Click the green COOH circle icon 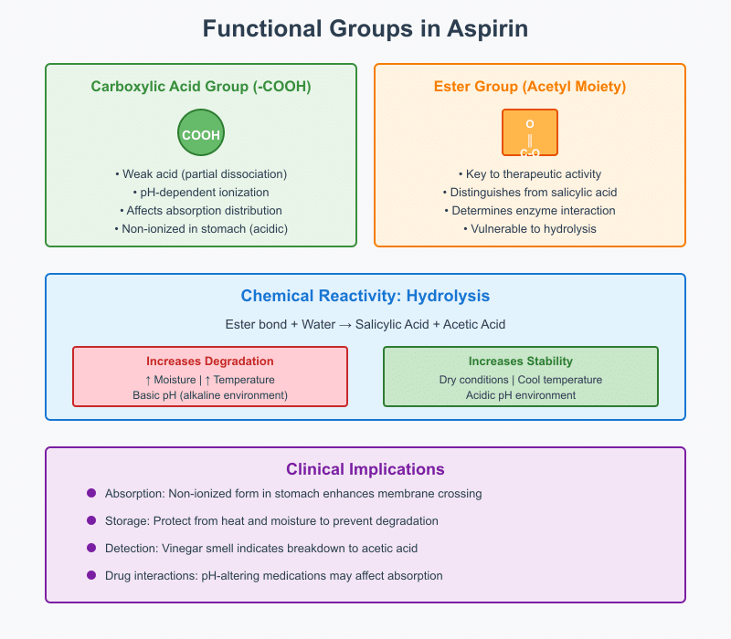coord(201,134)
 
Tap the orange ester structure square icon coord(530,132)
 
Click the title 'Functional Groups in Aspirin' coord(365,29)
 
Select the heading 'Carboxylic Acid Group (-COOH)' coord(201,87)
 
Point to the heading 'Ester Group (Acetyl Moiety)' coord(530,87)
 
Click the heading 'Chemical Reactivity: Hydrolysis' coord(365,296)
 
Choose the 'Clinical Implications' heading coord(365,469)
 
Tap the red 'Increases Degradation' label coord(210,361)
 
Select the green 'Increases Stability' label coord(521,361)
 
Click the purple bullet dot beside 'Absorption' coord(91,493)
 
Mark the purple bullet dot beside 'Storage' coord(91,520)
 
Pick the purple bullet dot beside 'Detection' coord(91,548)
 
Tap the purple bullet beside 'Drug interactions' coord(91,575)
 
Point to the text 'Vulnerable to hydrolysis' coord(530,228)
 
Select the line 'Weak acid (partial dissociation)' coord(201,173)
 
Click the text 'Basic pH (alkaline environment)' coord(210,395)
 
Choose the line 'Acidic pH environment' coord(521,395)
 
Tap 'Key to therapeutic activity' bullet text coord(530,173)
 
